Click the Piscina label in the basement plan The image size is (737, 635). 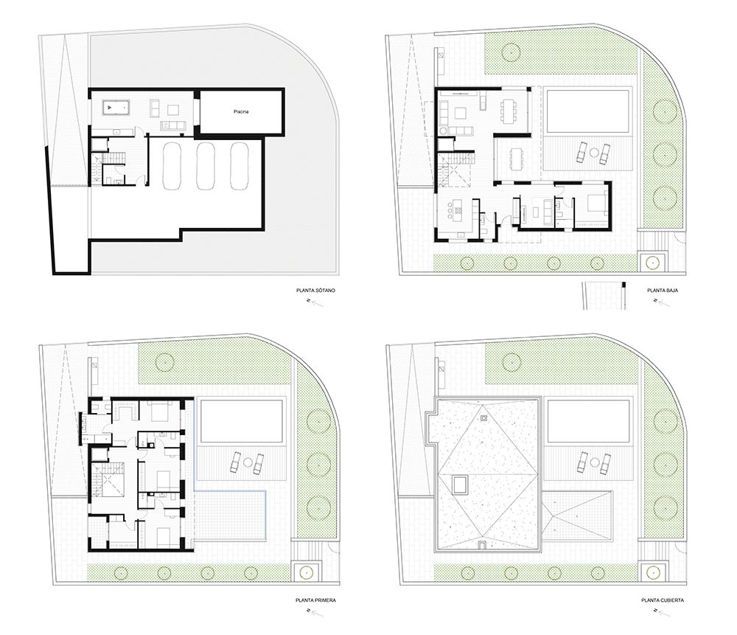pos(241,112)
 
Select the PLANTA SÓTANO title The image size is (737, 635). pos(315,291)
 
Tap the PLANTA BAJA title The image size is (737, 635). pos(663,291)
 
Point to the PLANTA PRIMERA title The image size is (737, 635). pos(315,600)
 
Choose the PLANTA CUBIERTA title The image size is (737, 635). pos(663,600)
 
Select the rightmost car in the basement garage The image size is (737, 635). pos(240,165)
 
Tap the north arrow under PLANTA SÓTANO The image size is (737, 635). pos(315,302)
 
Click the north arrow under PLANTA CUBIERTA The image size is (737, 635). pos(663,612)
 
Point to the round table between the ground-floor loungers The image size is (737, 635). pos(594,153)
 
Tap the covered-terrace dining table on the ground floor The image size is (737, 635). pos(517,159)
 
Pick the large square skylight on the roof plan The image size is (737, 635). pos(458,485)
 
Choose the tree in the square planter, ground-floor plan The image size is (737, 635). pos(652,262)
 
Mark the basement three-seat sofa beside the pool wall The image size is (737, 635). pos(173,125)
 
